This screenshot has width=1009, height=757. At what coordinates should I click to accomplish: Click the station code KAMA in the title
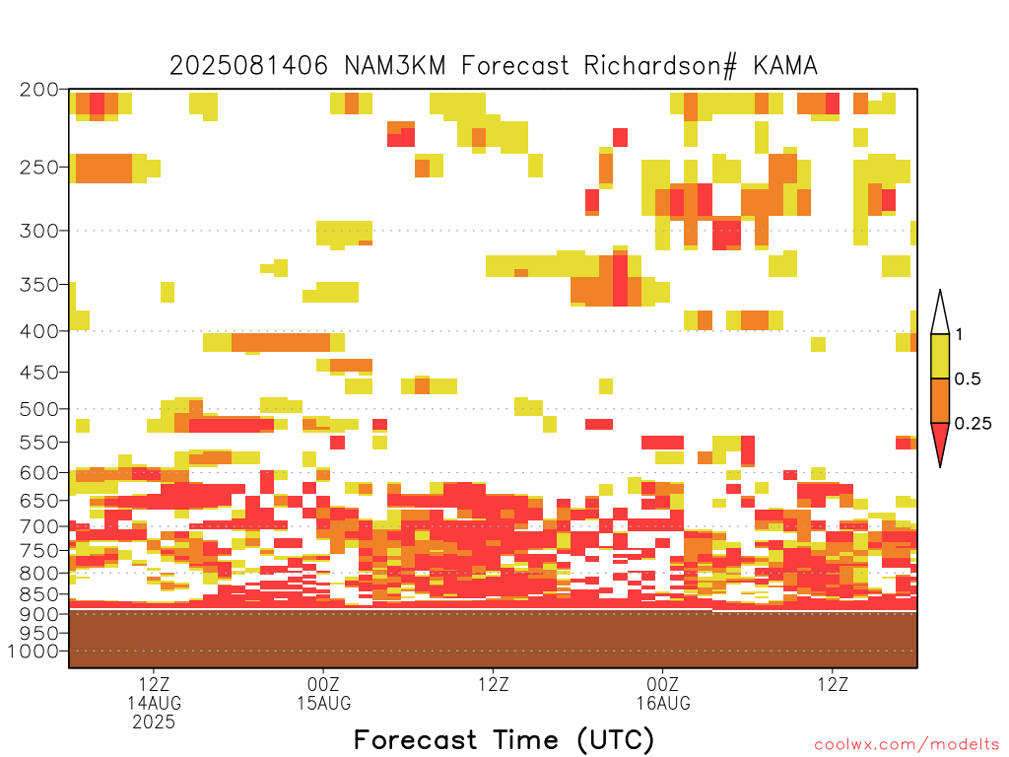(x=785, y=65)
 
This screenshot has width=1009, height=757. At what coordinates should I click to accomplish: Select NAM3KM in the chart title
(x=394, y=65)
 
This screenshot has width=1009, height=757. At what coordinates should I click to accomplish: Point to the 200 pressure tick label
(x=38, y=90)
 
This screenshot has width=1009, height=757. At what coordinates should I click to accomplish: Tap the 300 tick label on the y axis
(x=38, y=231)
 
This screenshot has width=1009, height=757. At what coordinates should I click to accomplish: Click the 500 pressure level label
(x=38, y=409)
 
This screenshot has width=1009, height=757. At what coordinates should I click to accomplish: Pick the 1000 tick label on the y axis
(x=33, y=651)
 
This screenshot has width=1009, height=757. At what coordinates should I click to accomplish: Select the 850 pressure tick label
(x=38, y=593)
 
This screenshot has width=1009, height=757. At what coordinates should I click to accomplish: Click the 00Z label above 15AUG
(x=323, y=684)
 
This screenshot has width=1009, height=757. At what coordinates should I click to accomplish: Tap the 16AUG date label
(x=663, y=703)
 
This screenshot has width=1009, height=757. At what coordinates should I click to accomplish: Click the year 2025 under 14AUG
(x=154, y=723)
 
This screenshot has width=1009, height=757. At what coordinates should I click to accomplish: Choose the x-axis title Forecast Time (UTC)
(x=504, y=739)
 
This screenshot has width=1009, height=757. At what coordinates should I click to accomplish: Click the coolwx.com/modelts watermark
(x=908, y=745)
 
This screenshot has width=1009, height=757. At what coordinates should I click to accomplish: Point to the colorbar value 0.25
(x=973, y=424)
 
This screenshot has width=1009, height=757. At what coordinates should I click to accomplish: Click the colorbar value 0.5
(x=968, y=379)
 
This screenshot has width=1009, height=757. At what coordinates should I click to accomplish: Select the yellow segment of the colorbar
(x=940, y=356)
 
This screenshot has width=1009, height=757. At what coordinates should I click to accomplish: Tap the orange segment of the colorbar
(x=940, y=400)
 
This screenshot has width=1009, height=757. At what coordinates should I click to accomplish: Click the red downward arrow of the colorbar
(x=940, y=441)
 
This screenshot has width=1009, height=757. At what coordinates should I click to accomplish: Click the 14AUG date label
(x=154, y=703)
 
